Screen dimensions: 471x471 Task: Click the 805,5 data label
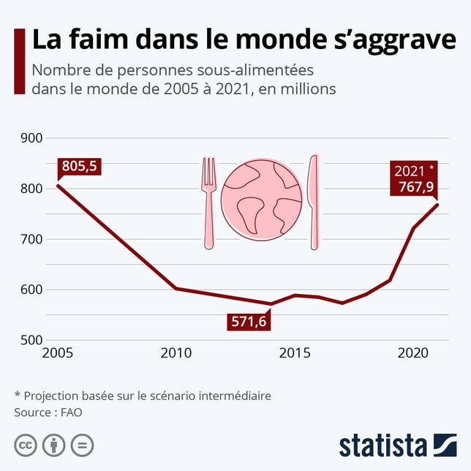point(80,166)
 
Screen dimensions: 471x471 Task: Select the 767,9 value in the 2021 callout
point(414,187)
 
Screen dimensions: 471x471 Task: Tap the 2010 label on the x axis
point(176,353)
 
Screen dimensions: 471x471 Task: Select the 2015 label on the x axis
point(293,353)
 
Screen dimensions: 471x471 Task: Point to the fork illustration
point(210,202)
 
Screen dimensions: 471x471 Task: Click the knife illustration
point(314,202)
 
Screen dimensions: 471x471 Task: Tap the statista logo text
point(383,445)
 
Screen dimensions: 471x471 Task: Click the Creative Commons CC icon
point(26,445)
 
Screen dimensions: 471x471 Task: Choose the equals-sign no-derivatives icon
point(82,445)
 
